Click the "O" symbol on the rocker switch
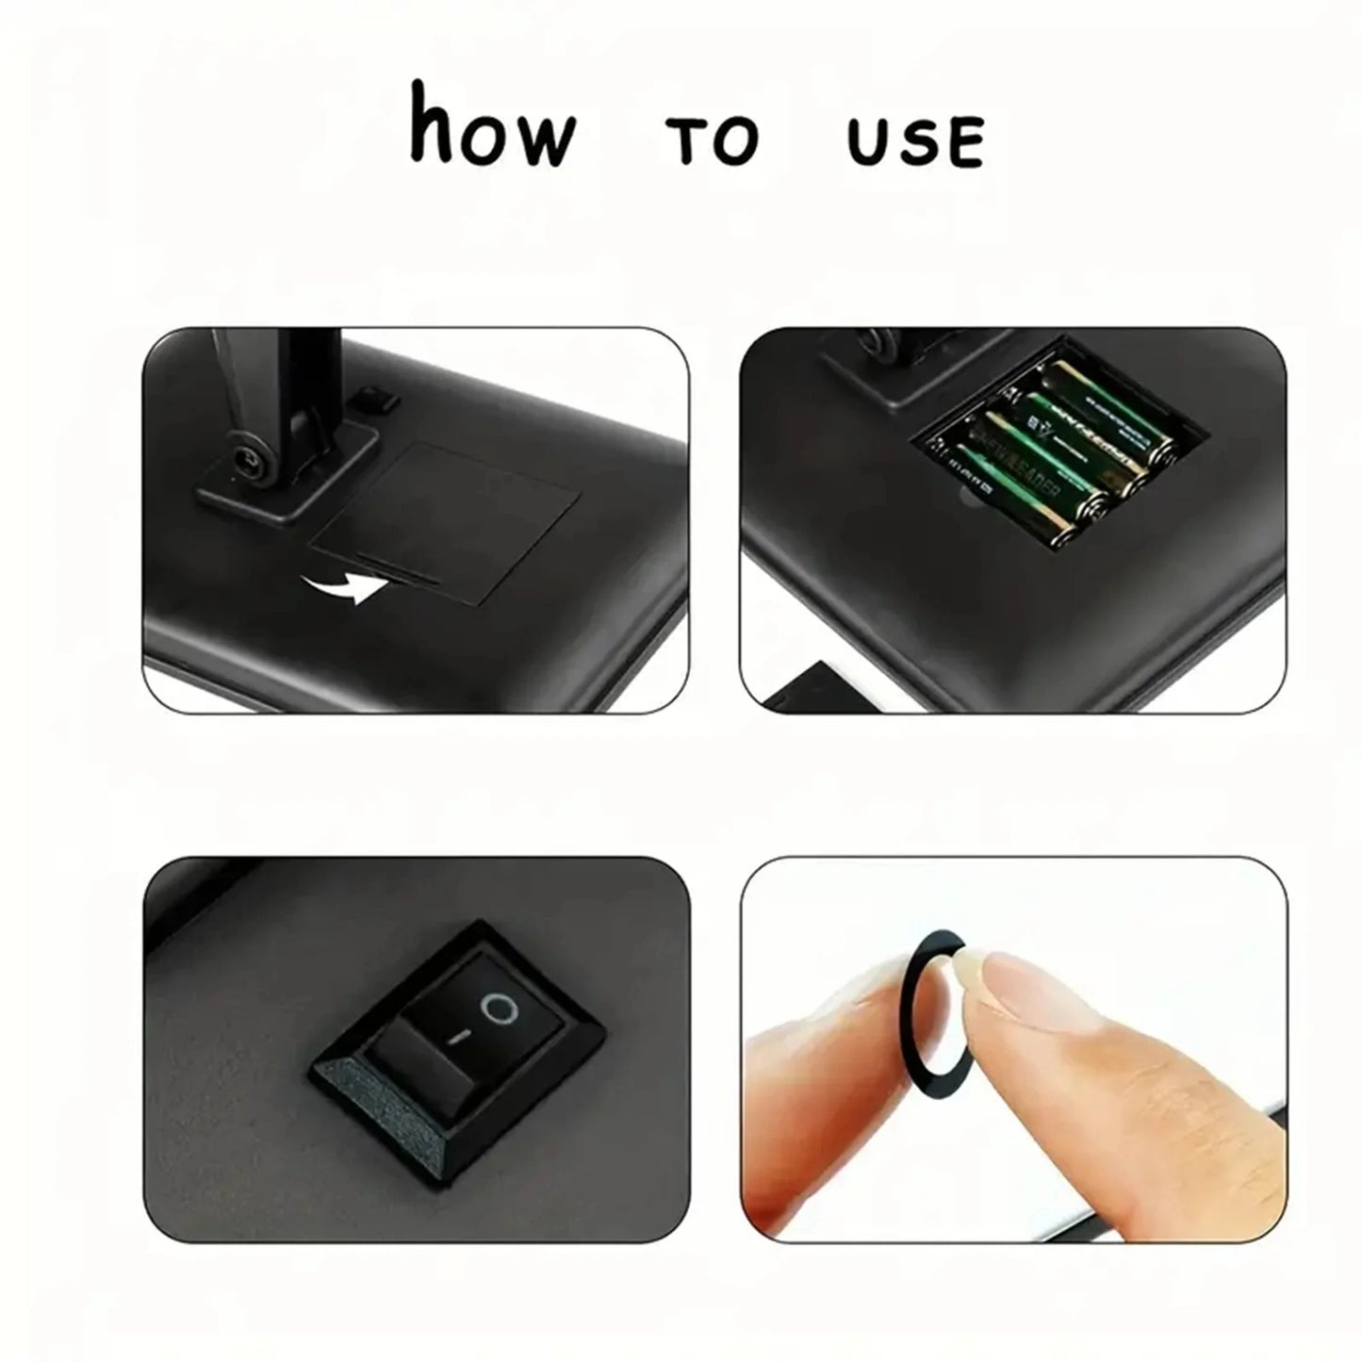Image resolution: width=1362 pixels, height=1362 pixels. (x=500, y=1010)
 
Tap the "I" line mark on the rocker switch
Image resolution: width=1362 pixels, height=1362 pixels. (x=459, y=1038)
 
